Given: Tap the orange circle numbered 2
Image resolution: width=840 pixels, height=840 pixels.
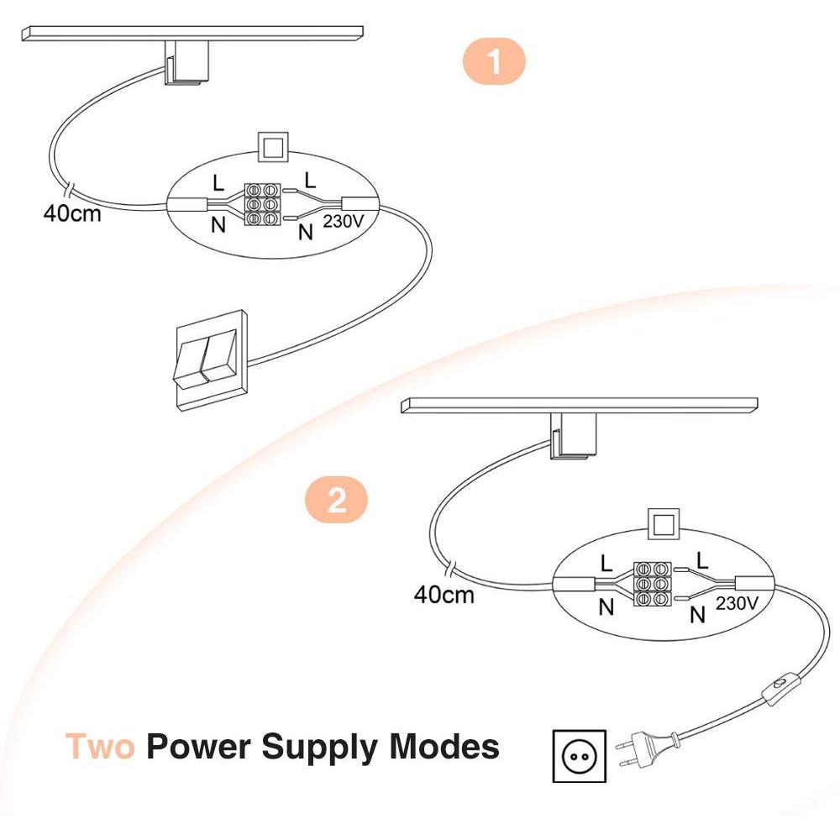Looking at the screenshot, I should click(336, 501).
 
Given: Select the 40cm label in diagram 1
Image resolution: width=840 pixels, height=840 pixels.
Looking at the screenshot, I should click(72, 213).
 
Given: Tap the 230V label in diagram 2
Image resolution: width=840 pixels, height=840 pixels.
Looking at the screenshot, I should click(738, 603).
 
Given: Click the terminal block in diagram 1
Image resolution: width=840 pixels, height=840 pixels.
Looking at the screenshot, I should click(261, 204).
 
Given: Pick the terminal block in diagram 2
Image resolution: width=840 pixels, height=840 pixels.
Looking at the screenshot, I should click(654, 583).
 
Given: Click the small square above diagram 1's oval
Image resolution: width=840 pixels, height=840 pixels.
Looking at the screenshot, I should click(273, 147).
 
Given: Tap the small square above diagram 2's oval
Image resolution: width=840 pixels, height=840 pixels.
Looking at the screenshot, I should click(664, 524).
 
